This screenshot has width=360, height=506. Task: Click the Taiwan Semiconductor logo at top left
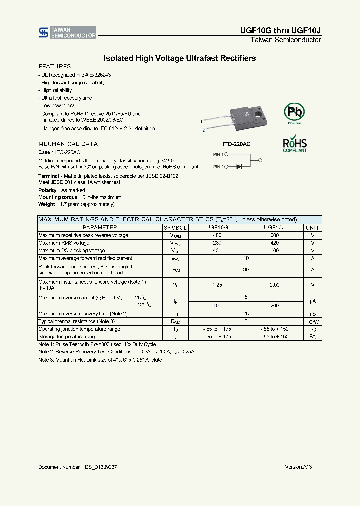pos(67,33)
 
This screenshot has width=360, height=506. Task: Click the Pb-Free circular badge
pos(294,112)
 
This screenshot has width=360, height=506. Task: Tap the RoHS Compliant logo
pos(295,144)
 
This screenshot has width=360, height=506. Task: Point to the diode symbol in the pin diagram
pos(239,167)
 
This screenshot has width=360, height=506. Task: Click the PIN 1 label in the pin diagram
pos(218,155)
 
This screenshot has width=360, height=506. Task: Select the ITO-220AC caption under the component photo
pos(237,143)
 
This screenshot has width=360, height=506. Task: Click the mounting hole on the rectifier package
pos(258,114)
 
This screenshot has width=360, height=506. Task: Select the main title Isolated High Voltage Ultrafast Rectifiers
pos(179,58)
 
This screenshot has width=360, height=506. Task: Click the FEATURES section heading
pos(55,66)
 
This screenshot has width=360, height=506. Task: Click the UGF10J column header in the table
pos(274,227)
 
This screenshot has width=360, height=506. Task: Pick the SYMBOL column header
pos(175,227)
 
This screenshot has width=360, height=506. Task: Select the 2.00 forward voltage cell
pos(274,285)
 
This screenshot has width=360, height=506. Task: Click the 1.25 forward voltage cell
pos(217,285)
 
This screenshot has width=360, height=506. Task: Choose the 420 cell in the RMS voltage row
pos(274,243)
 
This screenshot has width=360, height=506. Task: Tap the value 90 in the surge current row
pos(246,270)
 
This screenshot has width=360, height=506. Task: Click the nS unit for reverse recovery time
pos(313,314)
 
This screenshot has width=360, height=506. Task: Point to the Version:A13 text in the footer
pos(298,467)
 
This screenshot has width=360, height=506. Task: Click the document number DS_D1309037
pos(100,467)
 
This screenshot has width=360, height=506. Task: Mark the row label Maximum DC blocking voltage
pos(72,251)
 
